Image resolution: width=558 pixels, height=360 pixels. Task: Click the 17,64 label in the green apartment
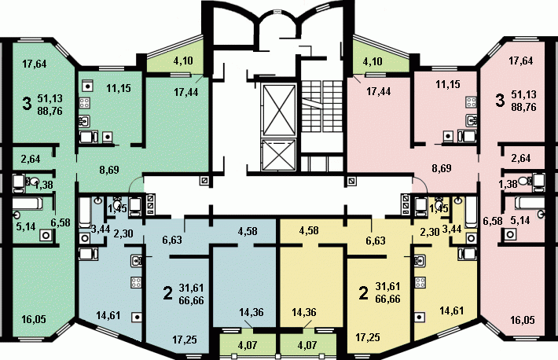[x=35, y=64]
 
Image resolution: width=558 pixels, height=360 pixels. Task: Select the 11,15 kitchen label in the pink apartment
[x=448, y=84]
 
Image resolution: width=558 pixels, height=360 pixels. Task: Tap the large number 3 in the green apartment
[x=27, y=104]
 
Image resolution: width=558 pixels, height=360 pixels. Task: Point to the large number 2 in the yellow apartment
[x=363, y=293]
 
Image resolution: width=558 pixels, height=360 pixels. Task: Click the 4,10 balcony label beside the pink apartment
[x=373, y=61]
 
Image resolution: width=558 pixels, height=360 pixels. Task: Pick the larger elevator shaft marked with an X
[x=278, y=110]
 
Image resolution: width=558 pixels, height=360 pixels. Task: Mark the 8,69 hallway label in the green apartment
[x=109, y=170]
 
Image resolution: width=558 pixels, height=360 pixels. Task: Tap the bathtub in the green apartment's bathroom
[x=28, y=204]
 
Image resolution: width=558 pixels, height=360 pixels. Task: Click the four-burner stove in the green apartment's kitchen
[x=84, y=103]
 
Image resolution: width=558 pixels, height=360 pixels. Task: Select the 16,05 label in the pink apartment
[x=523, y=320]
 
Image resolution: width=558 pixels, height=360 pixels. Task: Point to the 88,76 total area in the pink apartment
[x=523, y=107]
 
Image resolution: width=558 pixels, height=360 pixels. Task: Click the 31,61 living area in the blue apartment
[x=192, y=288]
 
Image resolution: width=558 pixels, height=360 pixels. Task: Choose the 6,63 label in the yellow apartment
[x=376, y=241]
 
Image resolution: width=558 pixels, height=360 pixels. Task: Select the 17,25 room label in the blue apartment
[x=185, y=340]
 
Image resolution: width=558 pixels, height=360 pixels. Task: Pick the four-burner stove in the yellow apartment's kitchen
[x=420, y=283]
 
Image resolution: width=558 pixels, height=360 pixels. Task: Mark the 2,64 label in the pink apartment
[x=520, y=158]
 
